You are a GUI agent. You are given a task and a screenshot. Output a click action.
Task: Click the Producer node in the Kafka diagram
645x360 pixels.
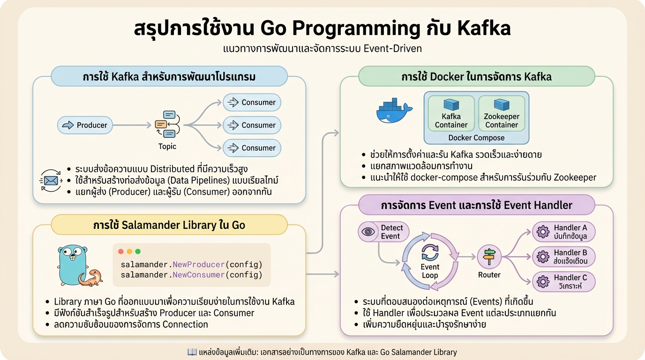[85, 125]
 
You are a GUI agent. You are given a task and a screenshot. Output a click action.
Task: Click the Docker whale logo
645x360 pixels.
[394, 111]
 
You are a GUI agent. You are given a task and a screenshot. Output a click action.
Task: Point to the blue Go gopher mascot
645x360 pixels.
[73, 264]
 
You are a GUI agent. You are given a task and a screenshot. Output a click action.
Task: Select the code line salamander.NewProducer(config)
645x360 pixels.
[191, 264]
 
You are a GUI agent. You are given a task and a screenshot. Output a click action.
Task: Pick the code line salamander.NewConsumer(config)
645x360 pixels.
[191, 275]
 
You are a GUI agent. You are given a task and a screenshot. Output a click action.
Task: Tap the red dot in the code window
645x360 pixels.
[121, 252]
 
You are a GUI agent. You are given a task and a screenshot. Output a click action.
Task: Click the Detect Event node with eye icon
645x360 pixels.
[383, 232]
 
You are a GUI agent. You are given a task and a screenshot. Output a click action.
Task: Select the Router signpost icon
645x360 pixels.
[489, 256]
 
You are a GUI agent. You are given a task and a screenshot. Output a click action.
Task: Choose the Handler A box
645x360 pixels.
[563, 232]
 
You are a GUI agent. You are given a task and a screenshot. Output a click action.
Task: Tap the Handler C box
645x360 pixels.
[563, 282]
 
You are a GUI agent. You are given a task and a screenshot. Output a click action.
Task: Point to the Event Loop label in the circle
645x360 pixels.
[430, 271]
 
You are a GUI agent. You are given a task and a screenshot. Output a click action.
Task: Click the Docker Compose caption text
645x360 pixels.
[476, 138]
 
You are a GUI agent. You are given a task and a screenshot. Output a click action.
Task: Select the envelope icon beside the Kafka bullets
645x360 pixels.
[50, 180]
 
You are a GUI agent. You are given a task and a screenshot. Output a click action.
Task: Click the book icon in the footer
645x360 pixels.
[192, 352]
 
